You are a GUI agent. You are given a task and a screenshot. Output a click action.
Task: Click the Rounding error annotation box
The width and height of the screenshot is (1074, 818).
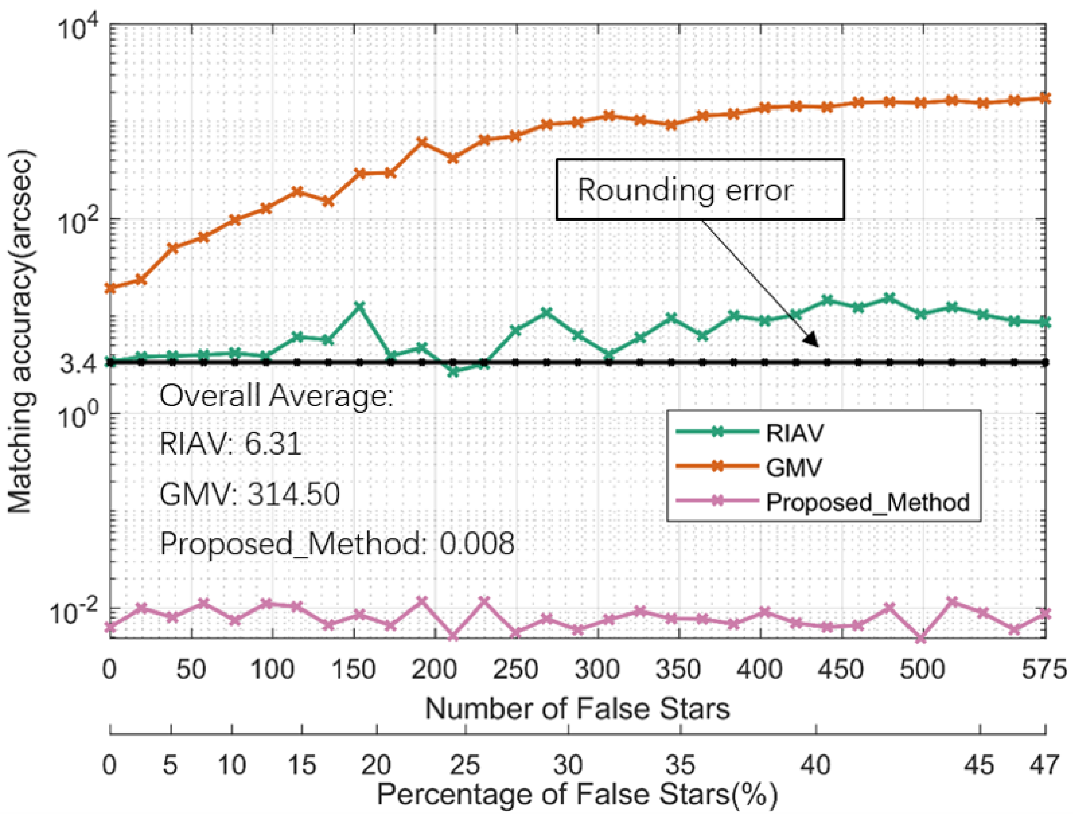point(700,189)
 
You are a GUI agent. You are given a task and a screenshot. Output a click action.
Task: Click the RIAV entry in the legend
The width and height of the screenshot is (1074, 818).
point(794,432)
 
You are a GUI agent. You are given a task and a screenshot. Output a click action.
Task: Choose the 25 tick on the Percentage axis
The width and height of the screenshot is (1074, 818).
point(466,765)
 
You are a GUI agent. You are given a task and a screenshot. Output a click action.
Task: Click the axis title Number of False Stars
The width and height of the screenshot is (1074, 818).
point(578,708)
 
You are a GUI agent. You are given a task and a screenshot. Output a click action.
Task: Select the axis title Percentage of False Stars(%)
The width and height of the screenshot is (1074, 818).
point(578,795)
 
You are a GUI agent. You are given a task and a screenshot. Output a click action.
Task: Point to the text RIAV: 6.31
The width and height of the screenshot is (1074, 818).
point(230,444)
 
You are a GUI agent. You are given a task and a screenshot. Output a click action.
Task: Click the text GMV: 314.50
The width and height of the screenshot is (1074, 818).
point(249,494)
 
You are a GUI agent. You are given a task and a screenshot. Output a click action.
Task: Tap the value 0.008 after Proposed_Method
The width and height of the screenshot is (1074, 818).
point(476,544)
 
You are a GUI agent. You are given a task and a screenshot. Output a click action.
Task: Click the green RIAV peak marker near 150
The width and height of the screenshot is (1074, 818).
point(360,306)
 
